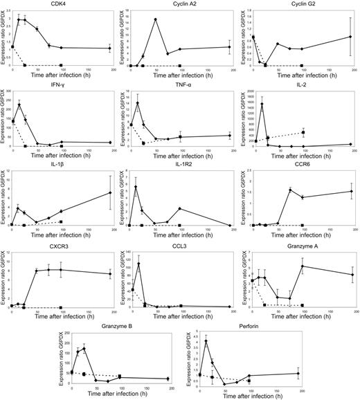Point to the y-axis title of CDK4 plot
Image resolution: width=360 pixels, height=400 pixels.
coord(3,42)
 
